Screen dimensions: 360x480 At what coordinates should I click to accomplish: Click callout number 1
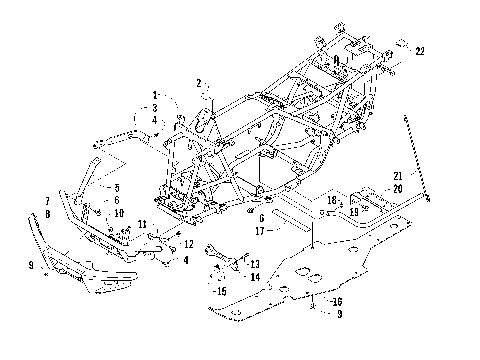pyautogui.click(x=154, y=95)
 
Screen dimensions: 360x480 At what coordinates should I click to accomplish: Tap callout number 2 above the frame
pyautogui.click(x=199, y=83)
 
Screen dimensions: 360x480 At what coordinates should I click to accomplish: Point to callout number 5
pyautogui.click(x=117, y=187)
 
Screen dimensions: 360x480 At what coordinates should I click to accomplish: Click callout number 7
pyautogui.click(x=47, y=201)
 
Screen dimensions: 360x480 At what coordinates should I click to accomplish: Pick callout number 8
pyautogui.click(x=47, y=213)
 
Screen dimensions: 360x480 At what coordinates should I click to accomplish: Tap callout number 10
pyautogui.click(x=120, y=212)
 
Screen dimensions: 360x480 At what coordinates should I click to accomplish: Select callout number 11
pyautogui.click(x=142, y=224)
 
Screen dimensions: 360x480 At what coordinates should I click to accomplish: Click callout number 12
pyautogui.click(x=188, y=244)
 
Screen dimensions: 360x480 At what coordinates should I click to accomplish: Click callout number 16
pyautogui.click(x=337, y=300)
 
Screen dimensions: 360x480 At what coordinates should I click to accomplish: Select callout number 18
pyautogui.click(x=332, y=200)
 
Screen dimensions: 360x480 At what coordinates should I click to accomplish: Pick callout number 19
pyautogui.click(x=354, y=211)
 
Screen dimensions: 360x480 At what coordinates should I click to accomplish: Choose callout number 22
pyautogui.click(x=421, y=51)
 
